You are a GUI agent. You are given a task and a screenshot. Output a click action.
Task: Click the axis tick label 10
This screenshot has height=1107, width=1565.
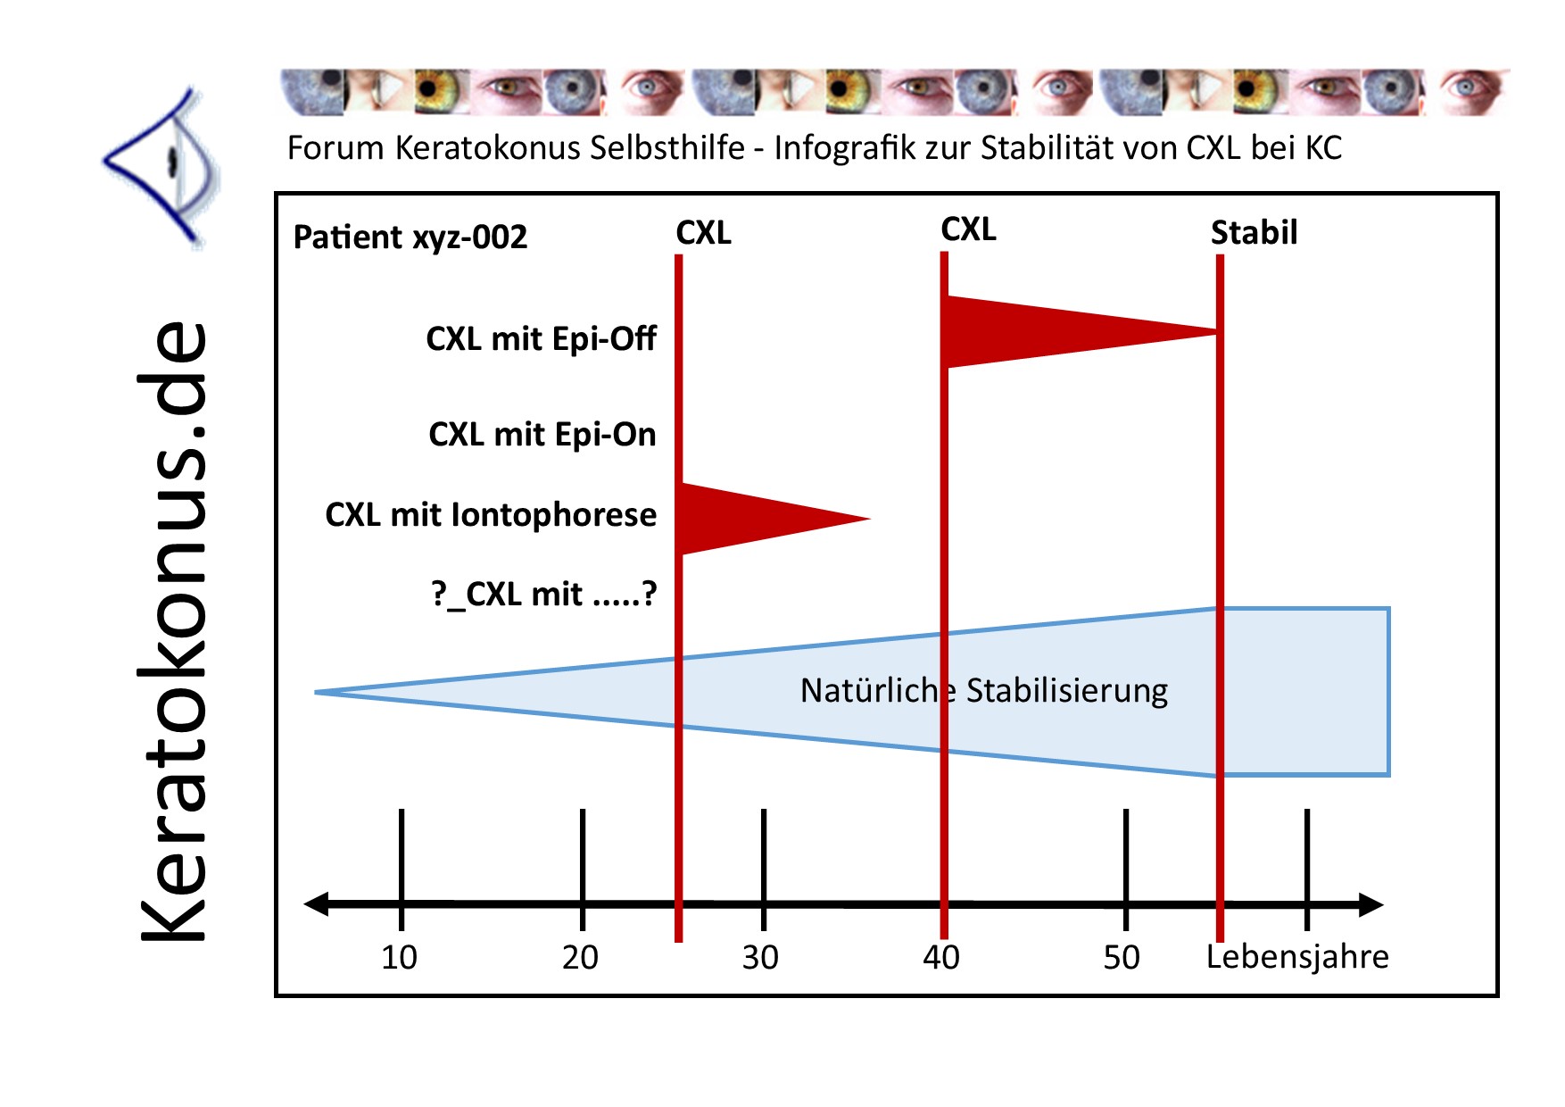click(399, 958)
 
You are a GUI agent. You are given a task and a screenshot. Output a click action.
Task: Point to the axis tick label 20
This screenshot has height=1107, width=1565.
click(580, 958)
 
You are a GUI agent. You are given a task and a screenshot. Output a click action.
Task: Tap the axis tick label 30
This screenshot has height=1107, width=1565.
click(760, 958)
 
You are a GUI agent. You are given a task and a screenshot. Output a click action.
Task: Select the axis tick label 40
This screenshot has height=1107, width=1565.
click(941, 958)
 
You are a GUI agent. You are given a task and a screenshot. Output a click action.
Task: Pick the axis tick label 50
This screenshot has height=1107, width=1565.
click(1122, 958)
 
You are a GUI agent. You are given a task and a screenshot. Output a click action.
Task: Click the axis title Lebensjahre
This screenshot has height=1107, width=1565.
click(1297, 957)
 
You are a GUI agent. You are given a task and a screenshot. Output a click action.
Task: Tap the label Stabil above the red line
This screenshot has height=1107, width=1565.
click(1254, 233)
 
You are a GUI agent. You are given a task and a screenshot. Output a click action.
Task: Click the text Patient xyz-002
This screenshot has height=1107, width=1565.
click(410, 237)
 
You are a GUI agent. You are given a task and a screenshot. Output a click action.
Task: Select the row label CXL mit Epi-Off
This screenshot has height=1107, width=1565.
click(541, 339)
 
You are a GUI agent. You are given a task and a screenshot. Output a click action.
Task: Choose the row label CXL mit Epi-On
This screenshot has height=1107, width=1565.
click(542, 435)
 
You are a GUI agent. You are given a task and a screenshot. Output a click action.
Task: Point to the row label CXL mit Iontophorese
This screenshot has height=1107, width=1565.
click(491, 515)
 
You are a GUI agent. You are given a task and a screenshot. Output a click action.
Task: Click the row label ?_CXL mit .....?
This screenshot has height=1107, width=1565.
click(544, 594)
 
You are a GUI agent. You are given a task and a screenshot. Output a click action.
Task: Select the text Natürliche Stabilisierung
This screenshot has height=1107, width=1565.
click(984, 691)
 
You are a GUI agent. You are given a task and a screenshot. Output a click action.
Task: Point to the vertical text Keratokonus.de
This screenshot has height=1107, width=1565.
click(173, 631)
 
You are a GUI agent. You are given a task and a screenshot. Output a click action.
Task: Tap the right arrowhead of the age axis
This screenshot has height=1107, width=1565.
click(1371, 904)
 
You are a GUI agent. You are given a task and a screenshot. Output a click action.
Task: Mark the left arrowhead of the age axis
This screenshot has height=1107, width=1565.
click(317, 904)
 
